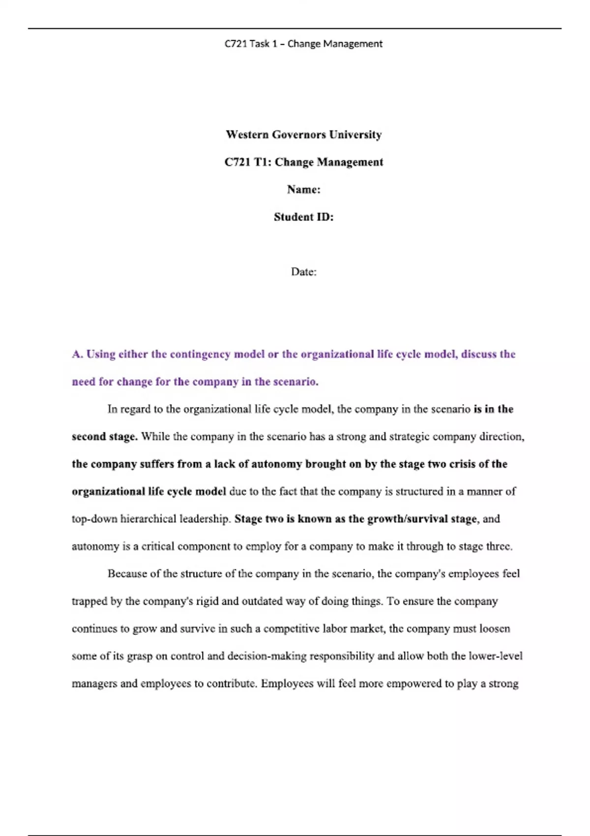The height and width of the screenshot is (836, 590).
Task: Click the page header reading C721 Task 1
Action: [303, 44]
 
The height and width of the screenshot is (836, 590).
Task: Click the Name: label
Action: [303, 190]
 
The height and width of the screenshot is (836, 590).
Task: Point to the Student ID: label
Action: [303, 217]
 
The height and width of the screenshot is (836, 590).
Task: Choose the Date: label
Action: [303, 272]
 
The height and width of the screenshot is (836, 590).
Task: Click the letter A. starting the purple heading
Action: [77, 355]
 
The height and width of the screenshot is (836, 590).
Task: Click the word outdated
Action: [262, 601]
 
